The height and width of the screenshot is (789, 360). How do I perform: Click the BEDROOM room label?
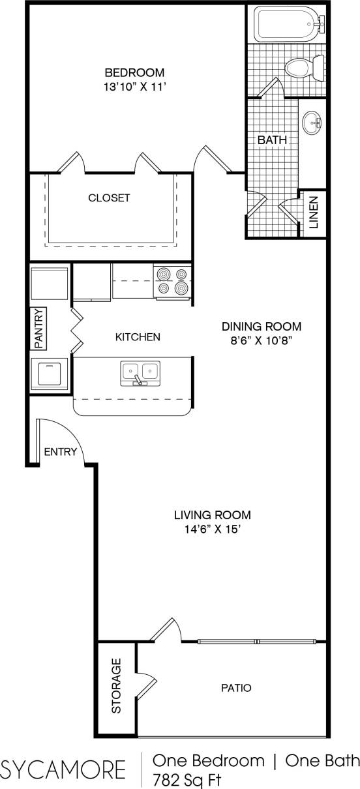[x=134, y=72]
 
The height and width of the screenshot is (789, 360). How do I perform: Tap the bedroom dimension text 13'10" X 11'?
[x=134, y=85]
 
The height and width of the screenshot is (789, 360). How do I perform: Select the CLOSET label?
[x=110, y=198]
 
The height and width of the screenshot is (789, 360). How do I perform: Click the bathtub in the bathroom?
[x=286, y=23]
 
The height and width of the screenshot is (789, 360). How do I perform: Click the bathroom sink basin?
[x=313, y=122]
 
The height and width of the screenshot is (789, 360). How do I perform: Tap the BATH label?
[x=272, y=140]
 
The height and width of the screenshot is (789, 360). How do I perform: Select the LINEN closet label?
[x=314, y=213]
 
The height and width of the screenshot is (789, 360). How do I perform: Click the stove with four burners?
[x=172, y=281]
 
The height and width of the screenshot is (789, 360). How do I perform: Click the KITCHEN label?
[x=138, y=337]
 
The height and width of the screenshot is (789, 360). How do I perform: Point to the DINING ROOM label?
[x=262, y=327]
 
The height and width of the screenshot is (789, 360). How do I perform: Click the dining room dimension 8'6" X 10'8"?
[x=262, y=340]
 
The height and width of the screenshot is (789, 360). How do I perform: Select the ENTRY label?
[x=60, y=452]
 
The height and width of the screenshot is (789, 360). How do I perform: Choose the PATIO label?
[x=236, y=687]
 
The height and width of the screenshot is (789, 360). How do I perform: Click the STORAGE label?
[x=116, y=686]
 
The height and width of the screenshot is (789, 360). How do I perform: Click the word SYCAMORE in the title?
[x=63, y=769]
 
